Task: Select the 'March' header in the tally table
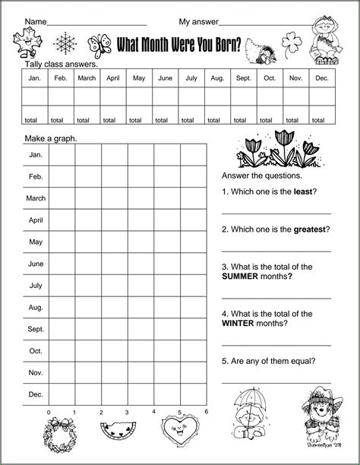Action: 87,78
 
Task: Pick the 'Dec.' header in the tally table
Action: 322,78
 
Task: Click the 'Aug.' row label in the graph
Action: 36,308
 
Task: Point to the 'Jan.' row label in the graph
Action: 36,154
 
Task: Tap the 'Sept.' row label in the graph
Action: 36,330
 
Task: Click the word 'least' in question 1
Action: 303,191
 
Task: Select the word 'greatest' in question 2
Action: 311,229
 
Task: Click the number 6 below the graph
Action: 206,412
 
